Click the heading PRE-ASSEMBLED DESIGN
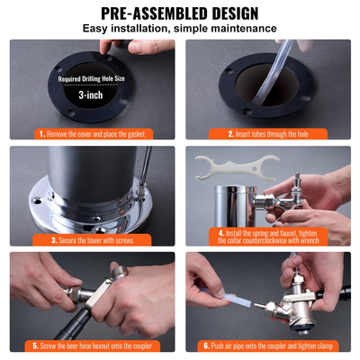pyautogui.click(x=180, y=13)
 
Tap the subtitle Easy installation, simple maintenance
pyautogui.click(x=180, y=30)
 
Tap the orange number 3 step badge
pyautogui.click(x=54, y=239)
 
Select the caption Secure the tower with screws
pyautogui.click(x=100, y=239)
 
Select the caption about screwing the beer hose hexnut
pyautogui.click(x=94, y=345)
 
